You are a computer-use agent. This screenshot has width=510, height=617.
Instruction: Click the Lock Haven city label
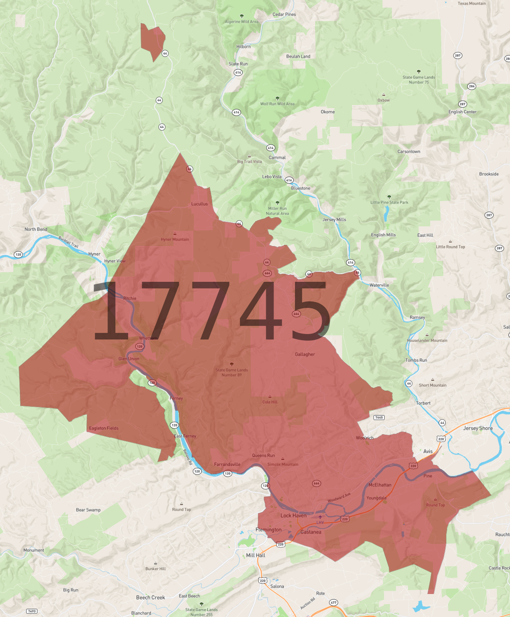click(x=293, y=515)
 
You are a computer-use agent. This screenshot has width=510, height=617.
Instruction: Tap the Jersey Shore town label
click(x=478, y=428)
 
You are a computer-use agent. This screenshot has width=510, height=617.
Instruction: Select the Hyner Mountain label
click(x=175, y=239)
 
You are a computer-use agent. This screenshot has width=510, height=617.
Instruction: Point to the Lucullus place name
click(x=199, y=204)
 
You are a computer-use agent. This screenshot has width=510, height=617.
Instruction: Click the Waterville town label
click(x=379, y=285)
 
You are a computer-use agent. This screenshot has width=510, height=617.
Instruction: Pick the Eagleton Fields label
click(x=104, y=428)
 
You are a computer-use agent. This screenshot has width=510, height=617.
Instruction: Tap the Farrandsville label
click(x=227, y=464)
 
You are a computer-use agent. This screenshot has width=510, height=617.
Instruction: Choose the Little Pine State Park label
click(x=389, y=202)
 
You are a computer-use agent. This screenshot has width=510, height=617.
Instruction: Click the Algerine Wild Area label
click(x=242, y=21)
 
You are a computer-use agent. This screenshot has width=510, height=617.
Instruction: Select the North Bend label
click(x=36, y=229)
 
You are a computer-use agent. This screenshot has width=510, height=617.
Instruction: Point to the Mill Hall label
click(x=256, y=555)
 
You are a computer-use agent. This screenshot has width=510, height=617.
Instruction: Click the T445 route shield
click(x=379, y=417)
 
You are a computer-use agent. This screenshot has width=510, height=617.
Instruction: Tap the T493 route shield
click(x=32, y=611)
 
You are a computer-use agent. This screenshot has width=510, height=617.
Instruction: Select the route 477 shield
click(x=334, y=603)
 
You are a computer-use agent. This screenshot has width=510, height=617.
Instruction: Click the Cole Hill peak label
click(x=270, y=402)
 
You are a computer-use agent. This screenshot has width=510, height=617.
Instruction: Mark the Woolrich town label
click(x=365, y=438)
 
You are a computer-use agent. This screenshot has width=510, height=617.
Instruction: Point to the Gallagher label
click(x=305, y=354)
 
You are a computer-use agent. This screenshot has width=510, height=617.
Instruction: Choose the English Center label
click(x=462, y=112)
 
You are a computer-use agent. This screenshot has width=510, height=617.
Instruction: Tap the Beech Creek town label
click(x=150, y=598)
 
